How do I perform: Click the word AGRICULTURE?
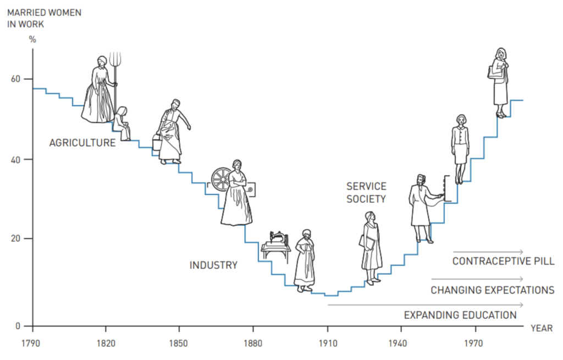(x=82, y=143)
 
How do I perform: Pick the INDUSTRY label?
(x=213, y=265)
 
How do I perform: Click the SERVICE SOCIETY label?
(x=366, y=192)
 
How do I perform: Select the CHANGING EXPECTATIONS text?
(x=492, y=290)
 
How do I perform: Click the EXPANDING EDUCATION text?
(x=460, y=315)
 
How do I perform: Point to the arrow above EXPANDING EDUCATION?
(x=425, y=304)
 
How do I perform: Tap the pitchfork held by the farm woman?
(x=114, y=63)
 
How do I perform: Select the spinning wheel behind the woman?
(x=222, y=179)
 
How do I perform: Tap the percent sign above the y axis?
(x=32, y=39)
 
